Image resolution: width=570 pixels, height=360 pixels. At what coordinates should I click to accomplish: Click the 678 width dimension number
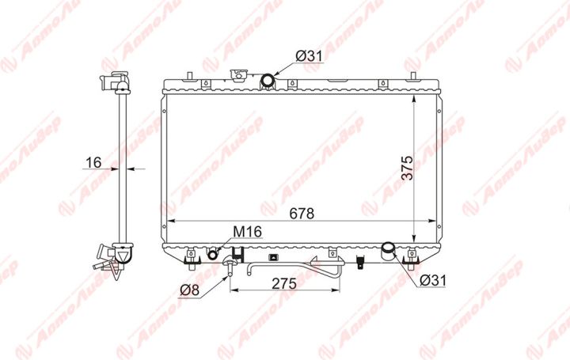302,214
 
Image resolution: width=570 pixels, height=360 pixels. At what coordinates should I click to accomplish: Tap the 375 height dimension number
408,168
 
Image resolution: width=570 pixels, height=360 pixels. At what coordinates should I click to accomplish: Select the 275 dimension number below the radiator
284,284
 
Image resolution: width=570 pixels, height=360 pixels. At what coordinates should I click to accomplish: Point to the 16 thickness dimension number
93,162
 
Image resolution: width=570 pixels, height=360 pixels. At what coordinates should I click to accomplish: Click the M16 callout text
247,231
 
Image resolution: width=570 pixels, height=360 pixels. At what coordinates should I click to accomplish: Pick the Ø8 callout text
190,290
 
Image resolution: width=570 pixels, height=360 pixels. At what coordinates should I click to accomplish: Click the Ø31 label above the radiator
309,56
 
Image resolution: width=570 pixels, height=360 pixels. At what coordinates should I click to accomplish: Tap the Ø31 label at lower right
432,280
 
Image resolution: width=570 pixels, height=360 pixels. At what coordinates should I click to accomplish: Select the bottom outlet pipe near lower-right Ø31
388,251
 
